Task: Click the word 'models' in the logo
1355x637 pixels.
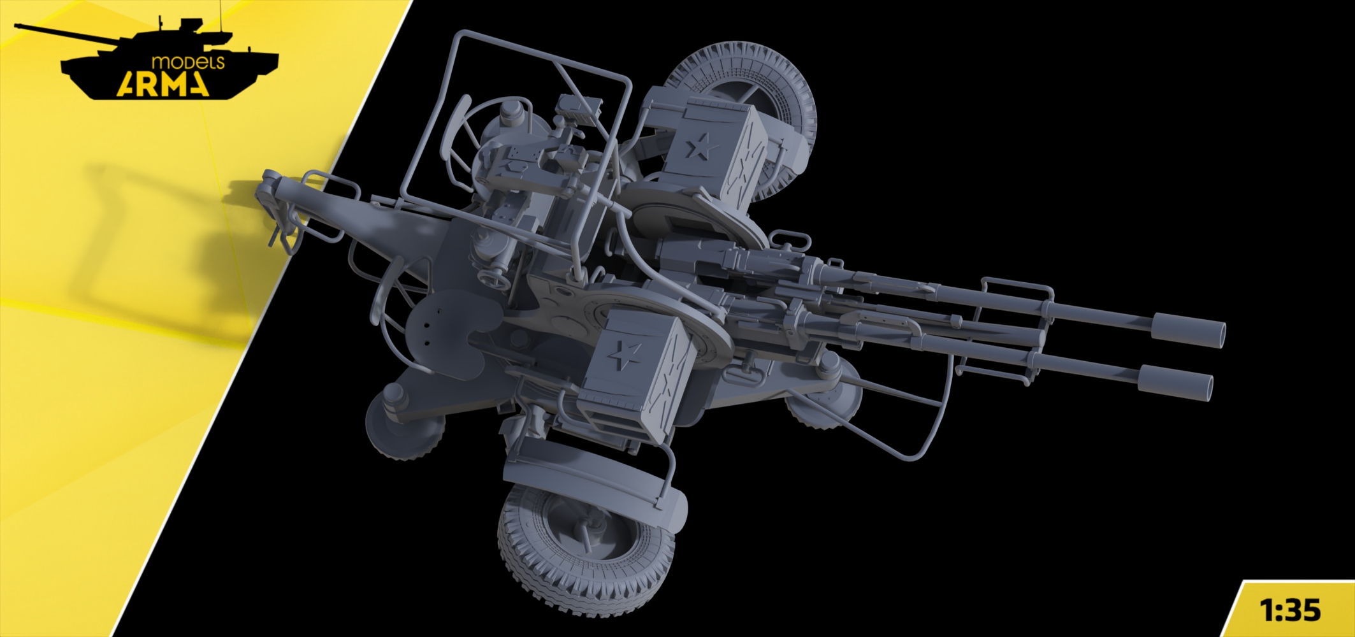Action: pyautogui.click(x=188, y=62)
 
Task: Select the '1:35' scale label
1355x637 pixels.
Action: pyautogui.click(x=1289, y=610)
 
